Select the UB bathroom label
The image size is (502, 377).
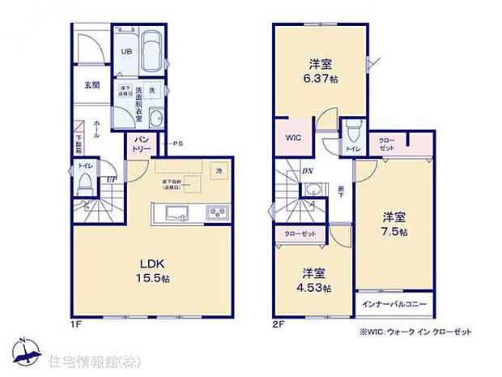pos(126,51)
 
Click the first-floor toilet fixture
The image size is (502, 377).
pos(83,186)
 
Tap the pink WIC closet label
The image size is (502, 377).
pos(292,138)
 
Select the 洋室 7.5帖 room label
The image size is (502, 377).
pos(394,224)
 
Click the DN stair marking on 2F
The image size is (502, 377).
pos(308,171)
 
